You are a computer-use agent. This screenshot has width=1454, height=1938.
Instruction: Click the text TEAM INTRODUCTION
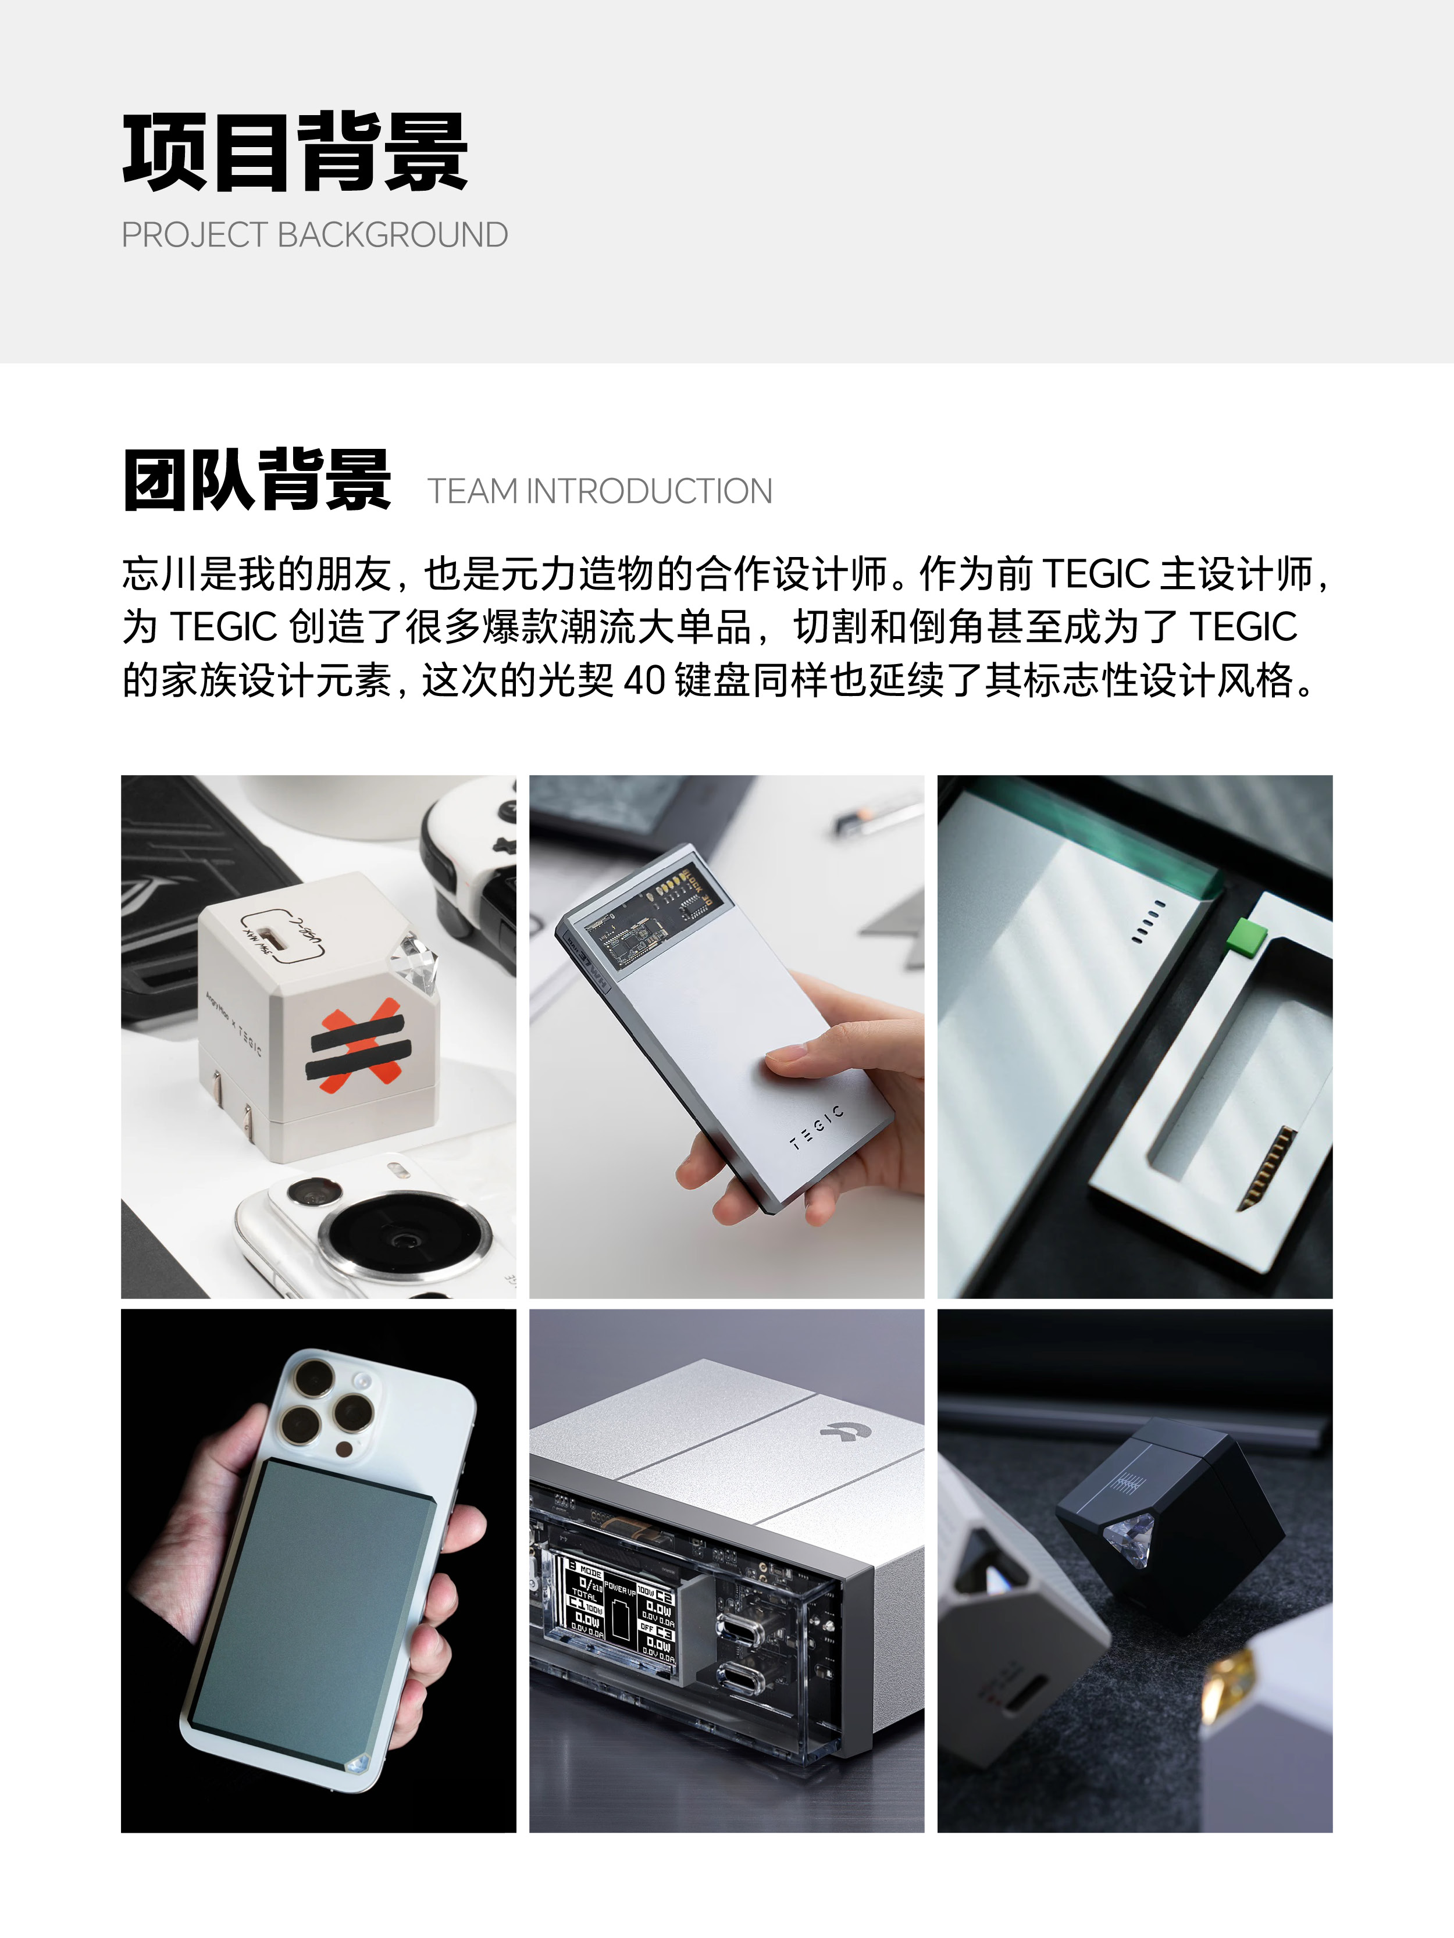(600, 491)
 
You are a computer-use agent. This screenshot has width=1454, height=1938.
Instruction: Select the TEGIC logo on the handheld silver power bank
(816, 1127)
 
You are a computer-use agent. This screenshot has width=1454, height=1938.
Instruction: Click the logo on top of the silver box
(840, 1430)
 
